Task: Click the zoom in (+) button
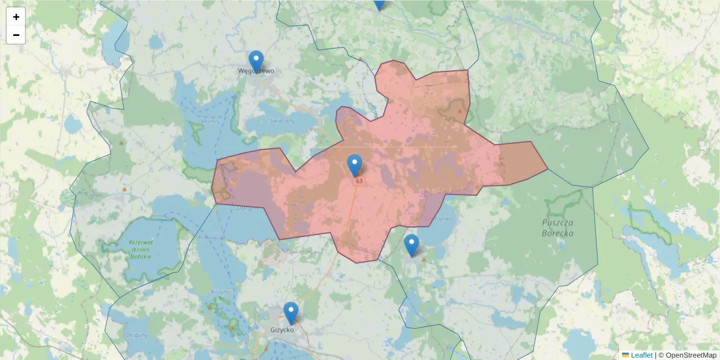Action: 16,17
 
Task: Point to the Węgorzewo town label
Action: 256,70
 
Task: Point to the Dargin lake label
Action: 248,208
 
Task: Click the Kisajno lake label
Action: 220,292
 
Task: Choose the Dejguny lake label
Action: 137,335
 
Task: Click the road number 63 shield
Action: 359,181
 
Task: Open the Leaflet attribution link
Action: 641,355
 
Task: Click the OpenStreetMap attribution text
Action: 691,355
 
